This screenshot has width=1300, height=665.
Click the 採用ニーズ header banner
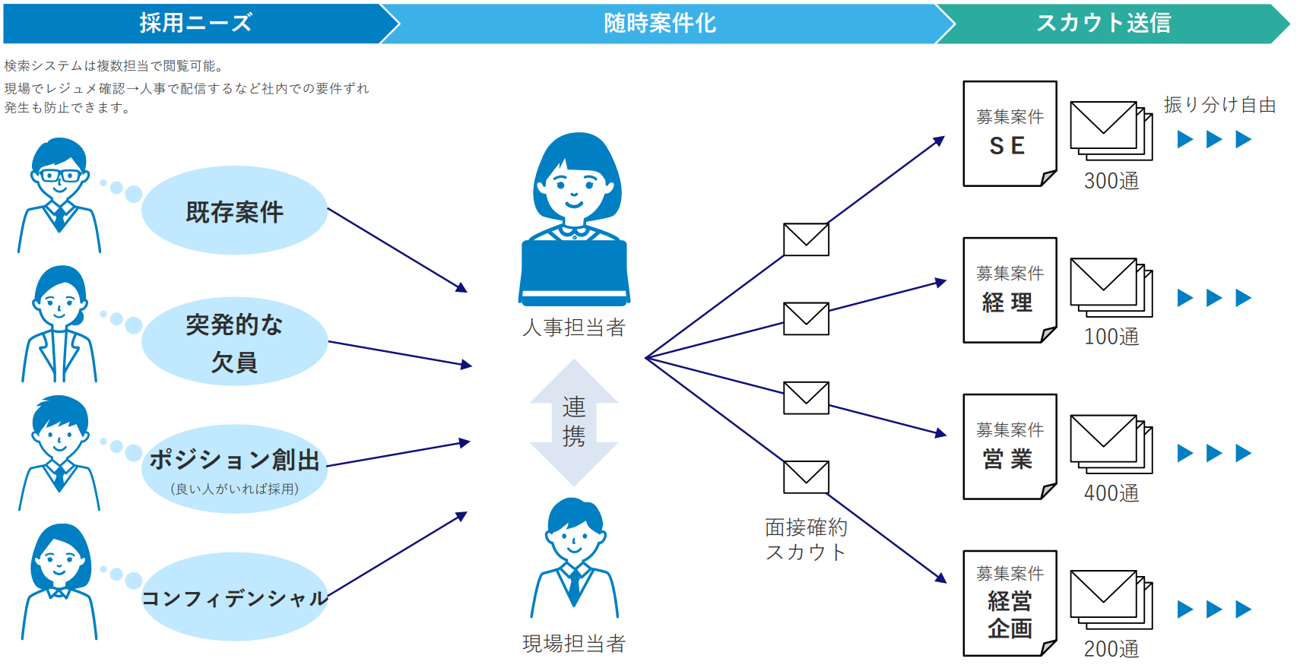click(195, 23)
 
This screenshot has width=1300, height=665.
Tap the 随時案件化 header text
click(660, 23)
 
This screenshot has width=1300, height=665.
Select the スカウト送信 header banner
click(1104, 23)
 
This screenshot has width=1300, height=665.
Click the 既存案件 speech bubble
click(234, 211)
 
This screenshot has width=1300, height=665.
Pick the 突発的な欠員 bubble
click(234, 342)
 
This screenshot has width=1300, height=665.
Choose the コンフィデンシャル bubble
click(234, 597)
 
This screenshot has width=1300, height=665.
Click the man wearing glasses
click(59, 195)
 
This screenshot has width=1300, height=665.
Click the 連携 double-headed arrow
click(574, 422)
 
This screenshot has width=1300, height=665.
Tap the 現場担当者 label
click(574, 644)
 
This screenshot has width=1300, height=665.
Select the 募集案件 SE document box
click(1010, 134)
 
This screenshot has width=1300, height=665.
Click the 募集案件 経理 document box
click(1010, 290)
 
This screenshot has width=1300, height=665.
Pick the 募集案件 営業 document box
click(1010, 447)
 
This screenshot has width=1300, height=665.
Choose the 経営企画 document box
click(1010, 603)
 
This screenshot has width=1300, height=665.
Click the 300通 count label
click(1111, 181)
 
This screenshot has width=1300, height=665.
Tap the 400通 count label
click(1111, 493)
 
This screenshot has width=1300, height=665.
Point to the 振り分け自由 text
click(1219, 105)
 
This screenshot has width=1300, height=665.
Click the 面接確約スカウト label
click(806, 540)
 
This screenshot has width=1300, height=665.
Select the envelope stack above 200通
click(1111, 600)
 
